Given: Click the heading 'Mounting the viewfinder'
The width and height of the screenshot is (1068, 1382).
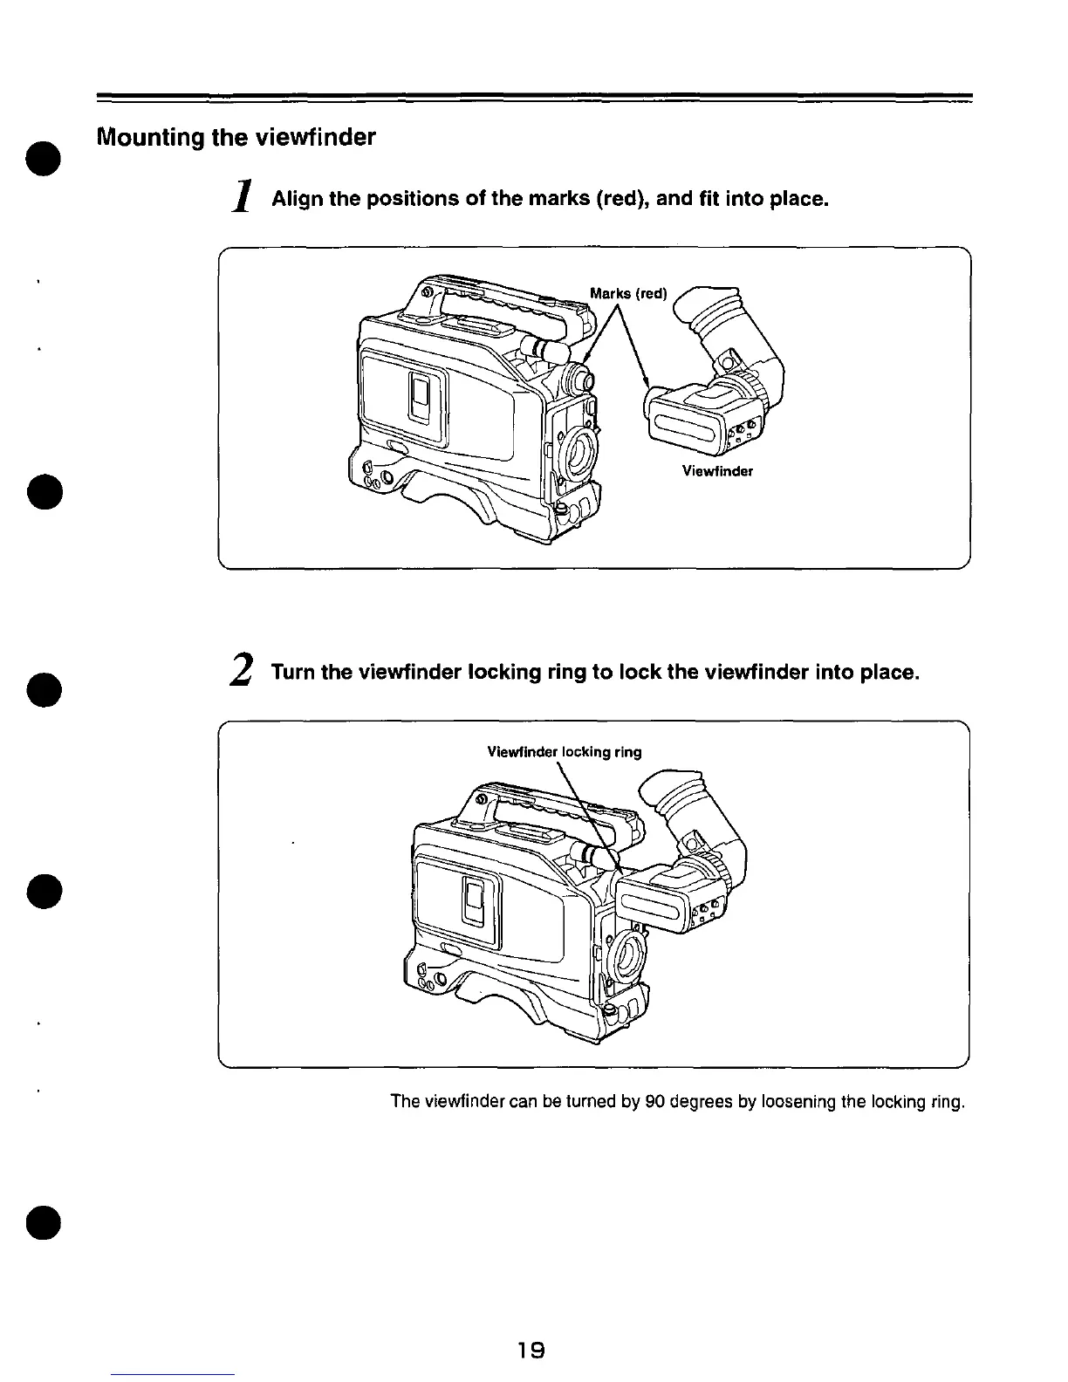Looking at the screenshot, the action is pos(236,138).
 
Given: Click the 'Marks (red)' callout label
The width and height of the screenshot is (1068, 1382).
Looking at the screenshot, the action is pos(628,293).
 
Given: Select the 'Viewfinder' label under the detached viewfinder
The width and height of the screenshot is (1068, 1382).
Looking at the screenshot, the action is pos(717,472).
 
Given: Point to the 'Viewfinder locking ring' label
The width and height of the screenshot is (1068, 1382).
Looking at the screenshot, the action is pos(564,752).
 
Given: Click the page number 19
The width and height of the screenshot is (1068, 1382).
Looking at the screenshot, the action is pos(531,1351).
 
